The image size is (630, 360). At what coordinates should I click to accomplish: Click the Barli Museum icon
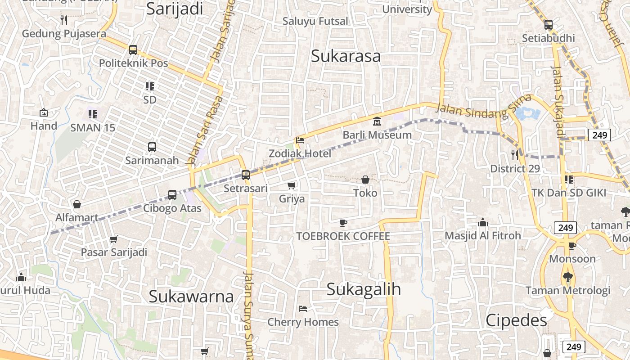click(x=377, y=121)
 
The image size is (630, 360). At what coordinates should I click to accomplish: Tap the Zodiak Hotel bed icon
click(x=300, y=140)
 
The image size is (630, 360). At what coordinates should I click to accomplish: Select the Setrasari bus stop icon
click(x=246, y=175)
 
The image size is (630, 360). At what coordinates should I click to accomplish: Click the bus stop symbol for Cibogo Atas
click(x=172, y=195)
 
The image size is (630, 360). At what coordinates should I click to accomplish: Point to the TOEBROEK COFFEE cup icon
click(x=343, y=223)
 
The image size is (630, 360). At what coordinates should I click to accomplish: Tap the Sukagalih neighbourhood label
click(x=364, y=289)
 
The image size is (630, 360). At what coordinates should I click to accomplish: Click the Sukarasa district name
click(x=346, y=56)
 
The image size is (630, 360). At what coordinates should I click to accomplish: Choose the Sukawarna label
click(x=191, y=297)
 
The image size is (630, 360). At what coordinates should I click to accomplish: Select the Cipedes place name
click(x=516, y=320)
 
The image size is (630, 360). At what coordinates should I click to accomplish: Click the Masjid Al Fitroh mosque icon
click(x=483, y=222)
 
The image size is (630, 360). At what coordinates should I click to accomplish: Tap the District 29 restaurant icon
click(x=515, y=155)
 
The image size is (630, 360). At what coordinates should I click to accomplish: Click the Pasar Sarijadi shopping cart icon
click(x=114, y=239)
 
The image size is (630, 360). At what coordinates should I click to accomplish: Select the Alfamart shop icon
click(x=77, y=204)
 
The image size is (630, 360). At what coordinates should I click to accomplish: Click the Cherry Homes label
click(x=303, y=322)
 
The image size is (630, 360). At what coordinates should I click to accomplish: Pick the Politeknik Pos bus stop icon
click(x=133, y=49)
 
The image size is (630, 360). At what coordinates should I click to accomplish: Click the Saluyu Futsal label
click(x=315, y=21)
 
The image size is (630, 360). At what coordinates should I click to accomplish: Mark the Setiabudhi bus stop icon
click(x=548, y=25)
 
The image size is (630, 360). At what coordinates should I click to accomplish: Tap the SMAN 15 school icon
click(x=93, y=114)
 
